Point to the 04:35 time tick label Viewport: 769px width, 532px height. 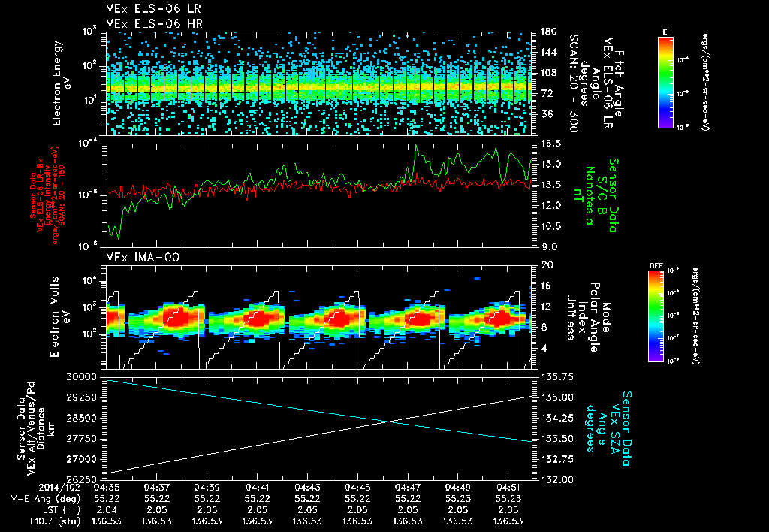[107, 487]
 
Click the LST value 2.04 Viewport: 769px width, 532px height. [107, 509]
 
